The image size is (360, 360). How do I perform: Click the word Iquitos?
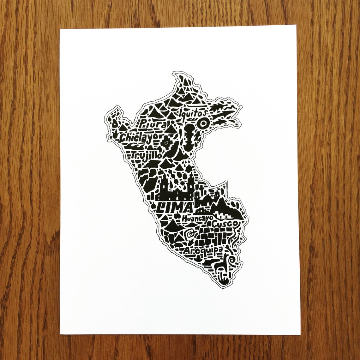pyautogui.click(x=193, y=112)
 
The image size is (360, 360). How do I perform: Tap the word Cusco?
pyautogui.click(x=225, y=224)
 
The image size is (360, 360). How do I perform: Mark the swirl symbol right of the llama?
pyautogui.click(x=233, y=261)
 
